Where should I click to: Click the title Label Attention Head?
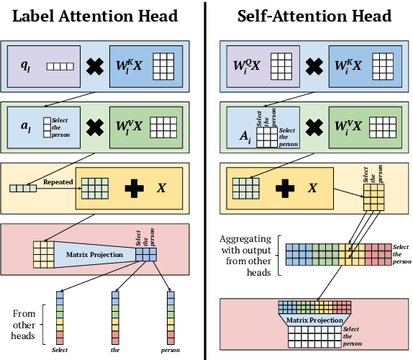pyautogui.click(x=96, y=16)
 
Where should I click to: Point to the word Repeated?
pyautogui.click(x=58, y=182)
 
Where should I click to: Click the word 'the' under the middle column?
pyautogui.click(x=116, y=351)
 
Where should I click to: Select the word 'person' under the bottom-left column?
pyautogui.click(x=170, y=351)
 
